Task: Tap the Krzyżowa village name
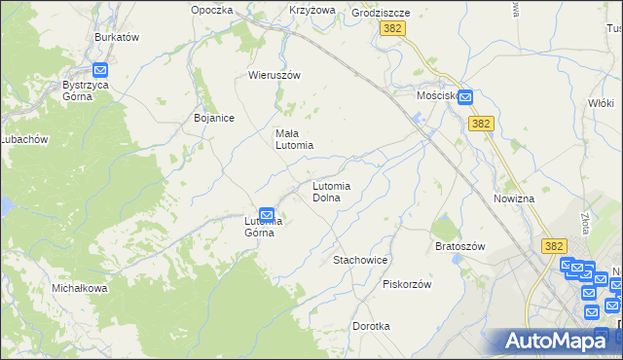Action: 311,10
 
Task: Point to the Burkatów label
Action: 117,37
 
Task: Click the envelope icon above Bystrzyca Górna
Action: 100,69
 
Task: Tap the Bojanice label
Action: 213,118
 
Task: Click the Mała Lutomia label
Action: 293,139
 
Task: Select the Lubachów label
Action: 23,139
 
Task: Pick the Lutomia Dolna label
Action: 338,191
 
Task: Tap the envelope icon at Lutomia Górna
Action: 266,216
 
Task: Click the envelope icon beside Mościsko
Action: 465,96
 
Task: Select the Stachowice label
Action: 361,261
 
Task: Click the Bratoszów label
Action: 459,246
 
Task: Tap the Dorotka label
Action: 371,326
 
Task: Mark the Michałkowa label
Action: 79,289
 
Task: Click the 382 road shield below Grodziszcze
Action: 392,30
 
